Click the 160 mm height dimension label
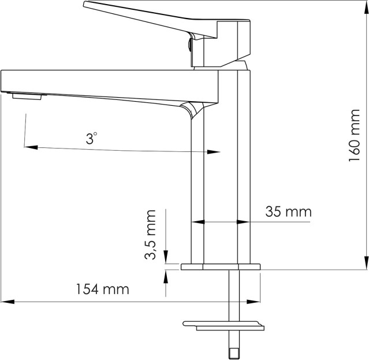coord(355,135)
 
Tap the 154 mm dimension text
coord(103,289)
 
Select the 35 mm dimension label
coord(289,211)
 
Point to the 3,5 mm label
coord(150,235)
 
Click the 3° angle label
coord(91,138)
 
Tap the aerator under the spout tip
coord(27,97)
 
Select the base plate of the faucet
coord(221,267)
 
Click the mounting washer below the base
coord(223,326)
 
